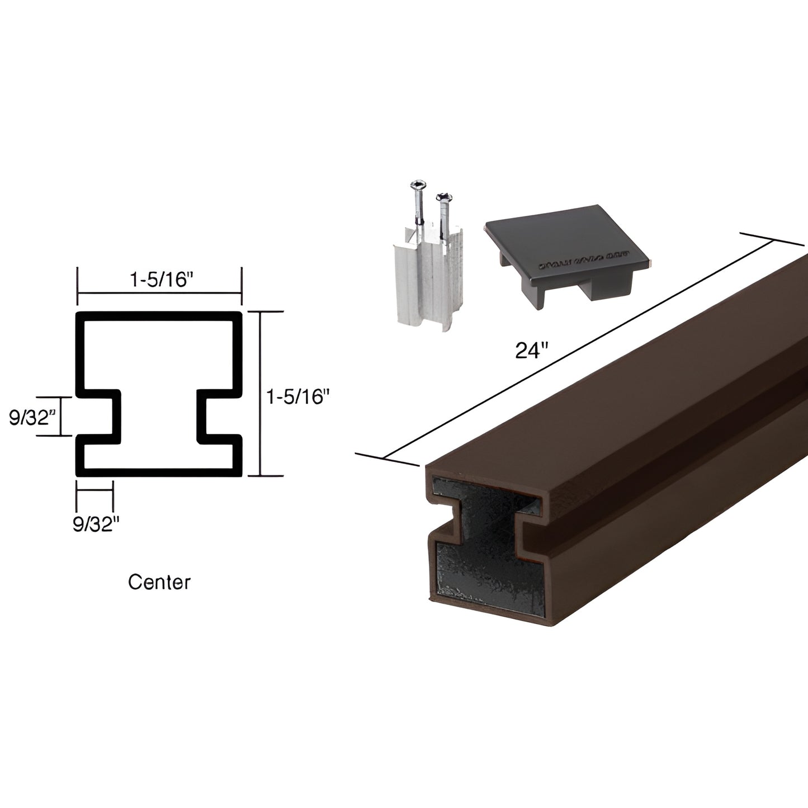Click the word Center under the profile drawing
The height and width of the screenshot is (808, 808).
[159, 582]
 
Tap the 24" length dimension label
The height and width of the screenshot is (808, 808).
[530, 352]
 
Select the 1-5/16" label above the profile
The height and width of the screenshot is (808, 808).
[158, 280]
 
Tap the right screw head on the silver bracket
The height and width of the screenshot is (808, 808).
[443, 197]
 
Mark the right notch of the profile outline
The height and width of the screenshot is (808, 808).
[217, 416]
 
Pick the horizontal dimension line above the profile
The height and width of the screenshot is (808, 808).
[159, 292]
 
